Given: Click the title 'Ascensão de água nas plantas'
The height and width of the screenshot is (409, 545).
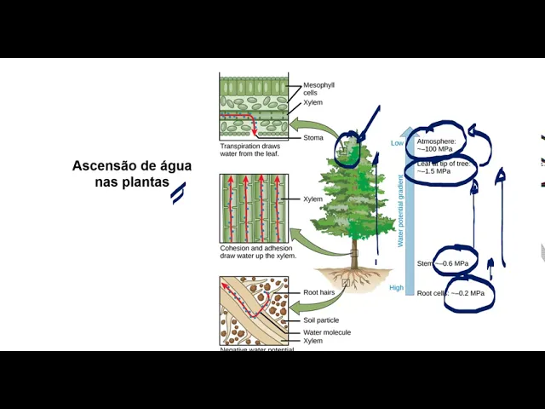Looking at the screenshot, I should [x=132, y=174].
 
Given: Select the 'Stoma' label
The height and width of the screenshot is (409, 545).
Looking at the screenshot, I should [x=313, y=138].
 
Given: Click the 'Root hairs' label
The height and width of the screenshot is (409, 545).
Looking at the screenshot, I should [x=321, y=293].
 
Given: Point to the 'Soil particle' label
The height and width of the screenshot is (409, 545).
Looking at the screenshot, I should [x=322, y=320].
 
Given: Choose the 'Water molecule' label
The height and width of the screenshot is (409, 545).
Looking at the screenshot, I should [x=326, y=332].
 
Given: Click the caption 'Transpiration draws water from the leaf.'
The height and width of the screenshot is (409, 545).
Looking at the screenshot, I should [x=250, y=149].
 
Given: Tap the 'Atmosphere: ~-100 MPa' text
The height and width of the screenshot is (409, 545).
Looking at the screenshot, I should [x=437, y=145].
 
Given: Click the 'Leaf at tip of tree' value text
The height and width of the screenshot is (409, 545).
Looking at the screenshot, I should [x=444, y=167].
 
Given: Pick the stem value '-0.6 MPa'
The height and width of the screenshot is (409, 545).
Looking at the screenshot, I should [x=454, y=264].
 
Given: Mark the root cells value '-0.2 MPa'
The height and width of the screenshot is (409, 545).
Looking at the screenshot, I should [x=467, y=293].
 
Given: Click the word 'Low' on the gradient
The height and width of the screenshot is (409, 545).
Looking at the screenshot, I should [x=397, y=143].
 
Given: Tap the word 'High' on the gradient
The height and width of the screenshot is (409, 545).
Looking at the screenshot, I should [x=397, y=288].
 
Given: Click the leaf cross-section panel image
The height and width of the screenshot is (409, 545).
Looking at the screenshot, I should [x=255, y=106].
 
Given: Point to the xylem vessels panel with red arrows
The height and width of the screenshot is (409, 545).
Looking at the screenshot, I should [x=255, y=208].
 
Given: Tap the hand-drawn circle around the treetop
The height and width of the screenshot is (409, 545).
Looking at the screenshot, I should [x=348, y=147].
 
